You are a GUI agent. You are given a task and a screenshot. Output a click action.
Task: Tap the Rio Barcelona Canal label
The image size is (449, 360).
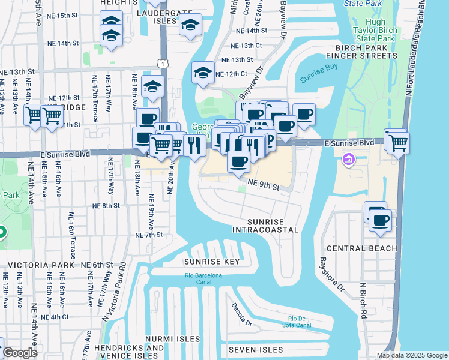203,279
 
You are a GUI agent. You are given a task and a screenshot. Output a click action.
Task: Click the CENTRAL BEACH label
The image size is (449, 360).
362,248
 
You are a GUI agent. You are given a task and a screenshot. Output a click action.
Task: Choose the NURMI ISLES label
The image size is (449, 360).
172,339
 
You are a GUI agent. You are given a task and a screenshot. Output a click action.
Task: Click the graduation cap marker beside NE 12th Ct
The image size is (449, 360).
203,73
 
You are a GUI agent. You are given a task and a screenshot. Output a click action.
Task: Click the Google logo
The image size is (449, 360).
19,353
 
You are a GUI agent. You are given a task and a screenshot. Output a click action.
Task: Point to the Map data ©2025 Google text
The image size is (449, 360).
411,355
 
